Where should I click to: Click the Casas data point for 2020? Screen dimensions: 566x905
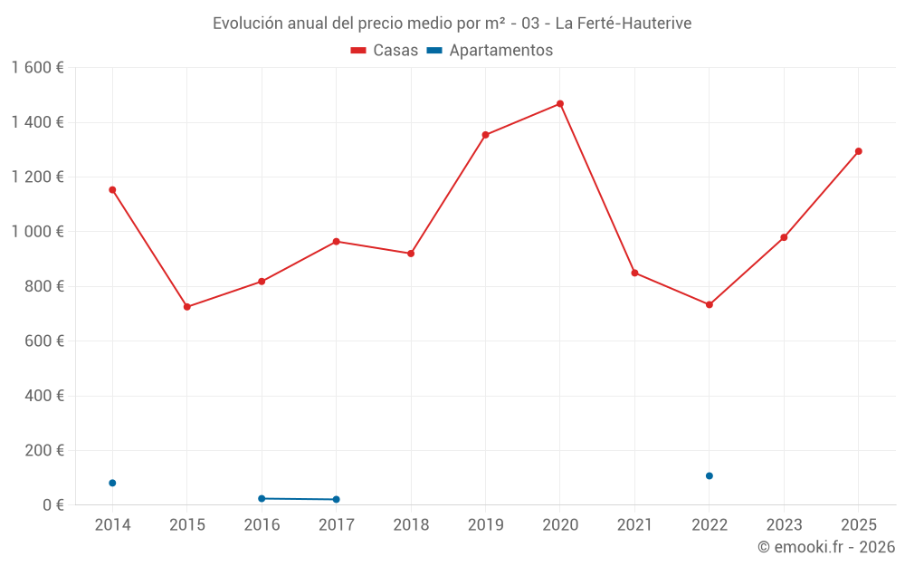pos(560,103)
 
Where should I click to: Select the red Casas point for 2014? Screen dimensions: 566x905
pos(112,190)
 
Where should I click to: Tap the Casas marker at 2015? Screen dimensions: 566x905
pos(187,307)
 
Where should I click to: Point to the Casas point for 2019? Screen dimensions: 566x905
pos(485,135)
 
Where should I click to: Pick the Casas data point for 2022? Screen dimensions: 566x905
pos(710,304)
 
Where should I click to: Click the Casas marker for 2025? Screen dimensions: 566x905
pos(859,151)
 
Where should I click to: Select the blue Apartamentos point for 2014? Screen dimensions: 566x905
pos(112,483)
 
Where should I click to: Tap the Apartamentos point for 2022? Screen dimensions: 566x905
pos(710,475)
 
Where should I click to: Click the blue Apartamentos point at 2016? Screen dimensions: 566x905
pos(262,498)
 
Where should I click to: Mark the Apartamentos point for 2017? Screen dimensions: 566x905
pos(337,499)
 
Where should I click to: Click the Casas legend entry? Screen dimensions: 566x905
pos(385,51)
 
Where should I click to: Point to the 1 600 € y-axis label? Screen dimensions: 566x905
pos(37,68)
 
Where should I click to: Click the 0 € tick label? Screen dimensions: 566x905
pos(53,505)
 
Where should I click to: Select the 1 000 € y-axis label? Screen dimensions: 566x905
pos(37,232)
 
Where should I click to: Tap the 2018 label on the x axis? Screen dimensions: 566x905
pos(411,525)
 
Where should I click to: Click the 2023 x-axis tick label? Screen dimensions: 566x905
pos(784,525)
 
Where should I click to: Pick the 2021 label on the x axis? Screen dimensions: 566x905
pos(634,525)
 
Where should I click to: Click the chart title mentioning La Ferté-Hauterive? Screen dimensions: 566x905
pos(452,24)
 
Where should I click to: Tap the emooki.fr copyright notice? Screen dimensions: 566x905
pos(825,547)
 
